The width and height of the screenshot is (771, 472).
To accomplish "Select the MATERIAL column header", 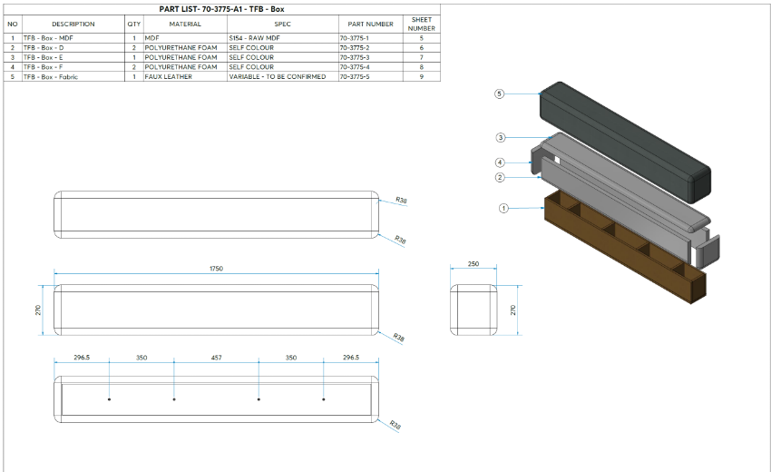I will point(185,24).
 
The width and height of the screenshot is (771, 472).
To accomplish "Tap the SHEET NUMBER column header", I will point(422,24).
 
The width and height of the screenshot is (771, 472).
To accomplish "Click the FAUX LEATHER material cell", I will point(168,77).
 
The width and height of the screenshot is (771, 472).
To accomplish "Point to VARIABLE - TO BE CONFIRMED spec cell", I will point(277,77).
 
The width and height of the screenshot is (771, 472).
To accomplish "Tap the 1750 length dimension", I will point(217,269).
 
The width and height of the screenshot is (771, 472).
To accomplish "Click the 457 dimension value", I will point(216,358).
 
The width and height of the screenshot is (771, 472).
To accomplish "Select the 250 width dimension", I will point(473,264).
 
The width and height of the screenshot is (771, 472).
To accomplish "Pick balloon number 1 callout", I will point(503,208).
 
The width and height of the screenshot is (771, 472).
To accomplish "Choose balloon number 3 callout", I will point(500,138).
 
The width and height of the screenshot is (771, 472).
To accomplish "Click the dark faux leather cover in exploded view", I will point(626,136).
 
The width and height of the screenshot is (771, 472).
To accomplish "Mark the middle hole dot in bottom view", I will point(259,399).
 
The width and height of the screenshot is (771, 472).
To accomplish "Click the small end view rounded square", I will point(473,310).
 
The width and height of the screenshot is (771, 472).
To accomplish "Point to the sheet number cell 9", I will point(422,77).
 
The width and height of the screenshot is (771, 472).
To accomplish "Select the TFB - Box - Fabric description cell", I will point(51,77).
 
